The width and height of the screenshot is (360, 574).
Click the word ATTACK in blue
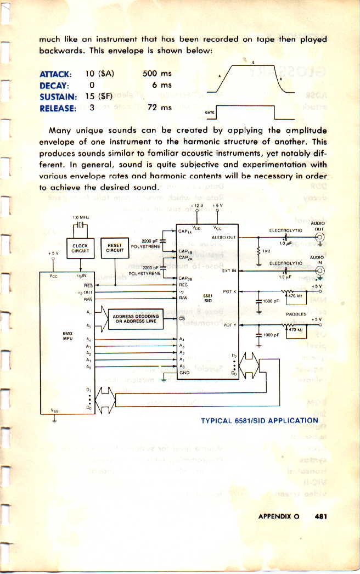coord(55,74)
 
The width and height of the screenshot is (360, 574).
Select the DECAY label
coord(53,85)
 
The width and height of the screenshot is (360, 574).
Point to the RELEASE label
coord(58,108)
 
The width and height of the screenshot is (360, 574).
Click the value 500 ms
coord(156,74)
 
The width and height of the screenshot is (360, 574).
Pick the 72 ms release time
coord(160,108)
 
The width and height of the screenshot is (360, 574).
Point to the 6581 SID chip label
coord(208,299)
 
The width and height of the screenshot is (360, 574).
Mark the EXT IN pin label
coord(229,271)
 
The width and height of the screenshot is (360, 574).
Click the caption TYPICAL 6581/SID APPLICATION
coord(259,421)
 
